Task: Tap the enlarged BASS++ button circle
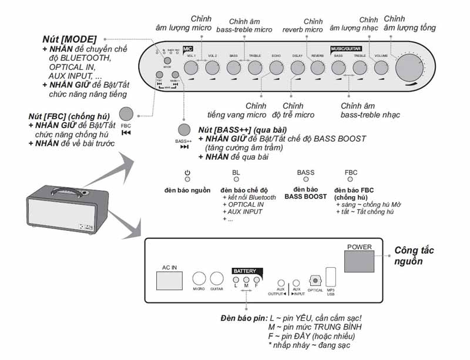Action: (x=184, y=130)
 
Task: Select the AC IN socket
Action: (x=170, y=279)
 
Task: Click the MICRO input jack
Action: (x=200, y=278)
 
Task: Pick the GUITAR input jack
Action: (x=217, y=278)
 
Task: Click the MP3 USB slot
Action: (x=331, y=277)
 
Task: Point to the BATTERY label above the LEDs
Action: (x=245, y=271)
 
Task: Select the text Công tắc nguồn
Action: (x=414, y=255)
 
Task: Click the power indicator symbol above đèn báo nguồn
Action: (x=187, y=172)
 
